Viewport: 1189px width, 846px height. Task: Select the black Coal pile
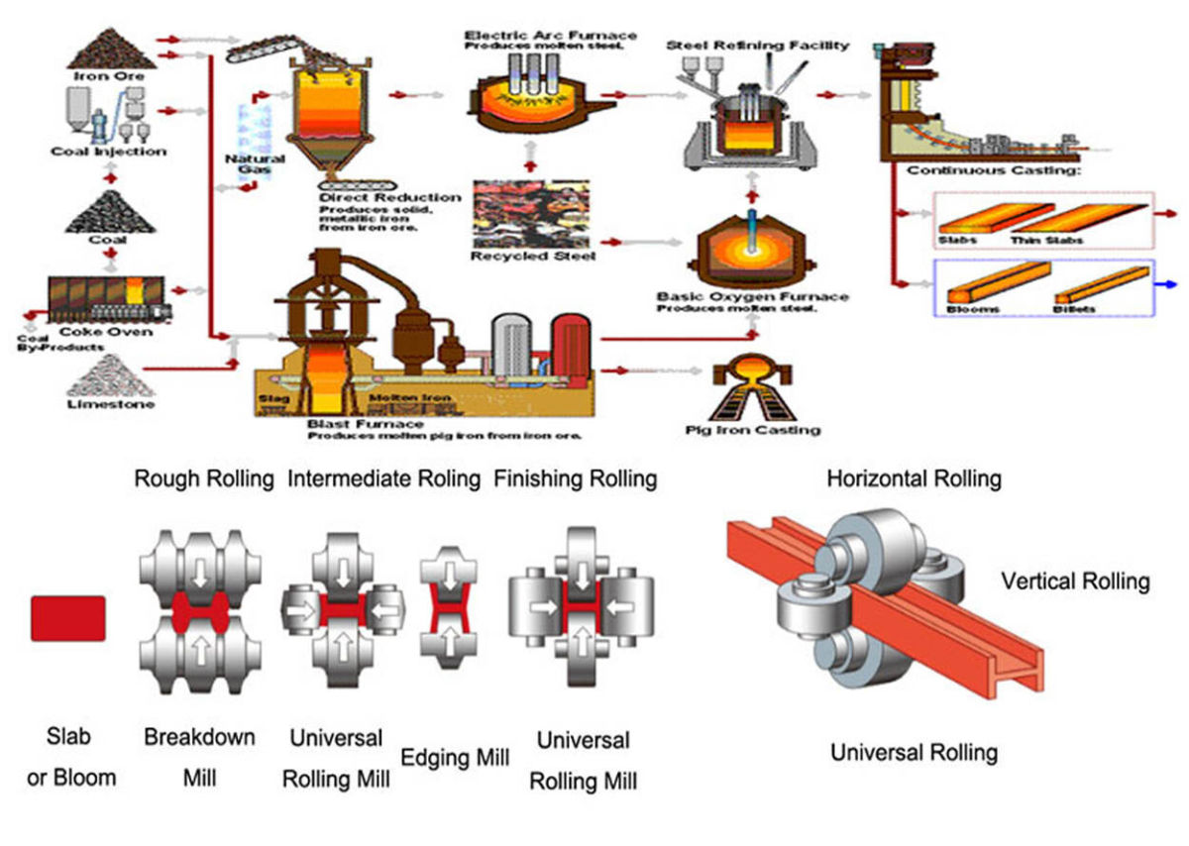tap(109, 212)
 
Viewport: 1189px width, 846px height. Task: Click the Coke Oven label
tap(110, 331)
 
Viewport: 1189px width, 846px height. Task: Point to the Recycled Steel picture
tap(533, 213)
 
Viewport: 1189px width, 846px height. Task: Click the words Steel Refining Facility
tap(757, 46)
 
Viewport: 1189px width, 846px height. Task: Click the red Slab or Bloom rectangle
tap(67, 618)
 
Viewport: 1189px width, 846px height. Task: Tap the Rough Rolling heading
tap(204, 479)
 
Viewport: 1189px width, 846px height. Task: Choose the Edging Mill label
tap(455, 758)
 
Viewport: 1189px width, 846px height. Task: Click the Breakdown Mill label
tap(199, 758)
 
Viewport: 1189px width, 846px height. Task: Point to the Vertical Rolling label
tap(1075, 581)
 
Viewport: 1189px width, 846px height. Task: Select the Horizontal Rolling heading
tap(914, 479)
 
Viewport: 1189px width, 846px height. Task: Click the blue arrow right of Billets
tap(1170, 283)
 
